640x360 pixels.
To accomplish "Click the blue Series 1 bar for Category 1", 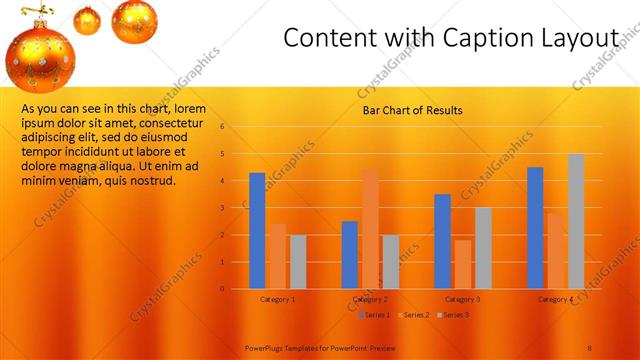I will tap(257, 230).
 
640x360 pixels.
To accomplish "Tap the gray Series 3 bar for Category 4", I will tap(576, 221).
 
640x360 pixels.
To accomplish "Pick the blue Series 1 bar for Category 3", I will tap(442, 241).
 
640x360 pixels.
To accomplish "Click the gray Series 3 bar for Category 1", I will tap(298, 261).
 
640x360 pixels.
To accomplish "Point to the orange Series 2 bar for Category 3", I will tap(462, 264).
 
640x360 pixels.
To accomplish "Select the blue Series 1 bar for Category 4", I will tap(535, 227).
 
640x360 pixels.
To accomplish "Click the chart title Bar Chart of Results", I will tap(412, 111).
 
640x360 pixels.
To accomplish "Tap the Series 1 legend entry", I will tap(374, 315).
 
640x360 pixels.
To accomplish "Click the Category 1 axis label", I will tap(277, 299).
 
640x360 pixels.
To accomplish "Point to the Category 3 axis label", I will tap(462, 299).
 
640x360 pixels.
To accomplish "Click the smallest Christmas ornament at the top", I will tap(87, 20).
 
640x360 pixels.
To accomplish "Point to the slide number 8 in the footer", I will tap(591, 345).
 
